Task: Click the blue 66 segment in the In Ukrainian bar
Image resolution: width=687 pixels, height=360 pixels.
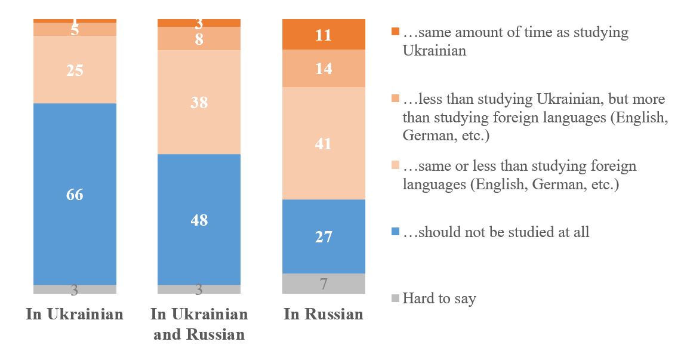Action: pyautogui.click(x=75, y=194)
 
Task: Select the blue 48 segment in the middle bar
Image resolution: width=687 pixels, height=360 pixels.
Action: pyautogui.click(x=199, y=219)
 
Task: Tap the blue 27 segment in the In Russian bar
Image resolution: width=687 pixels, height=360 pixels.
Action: pyautogui.click(x=323, y=236)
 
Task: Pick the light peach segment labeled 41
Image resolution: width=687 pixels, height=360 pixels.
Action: pyautogui.click(x=323, y=143)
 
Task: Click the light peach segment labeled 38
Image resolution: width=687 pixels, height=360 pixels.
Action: pyautogui.click(x=199, y=102)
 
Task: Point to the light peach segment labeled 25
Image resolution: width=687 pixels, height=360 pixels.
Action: pyautogui.click(x=75, y=70)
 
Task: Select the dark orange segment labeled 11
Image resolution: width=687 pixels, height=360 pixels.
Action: pyautogui.click(x=323, y=35)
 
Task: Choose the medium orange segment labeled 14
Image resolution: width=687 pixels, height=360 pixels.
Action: pyautogui.click(x=323, y=69)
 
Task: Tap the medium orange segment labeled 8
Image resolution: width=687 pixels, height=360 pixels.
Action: pyautogui.click(x=199, y=39)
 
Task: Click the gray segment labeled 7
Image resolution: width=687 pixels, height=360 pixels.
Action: pyautogui.click(x=323, y=284)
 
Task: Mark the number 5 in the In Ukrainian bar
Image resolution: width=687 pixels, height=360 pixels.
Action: pyautogui.click(x=75, y=30)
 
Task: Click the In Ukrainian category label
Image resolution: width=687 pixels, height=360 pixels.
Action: pyautogui.click(x=75, y=315)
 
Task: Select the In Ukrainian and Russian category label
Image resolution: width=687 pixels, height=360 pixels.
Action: pyautogui.click(x=199, y=324)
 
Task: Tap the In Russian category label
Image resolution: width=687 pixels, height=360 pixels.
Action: pyautogui.click(x=323, y=315)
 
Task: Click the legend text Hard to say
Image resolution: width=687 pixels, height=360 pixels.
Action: pyautogui.click(x=439, y=299)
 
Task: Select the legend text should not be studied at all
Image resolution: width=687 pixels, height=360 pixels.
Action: pyautogui.click(x=496, y=232)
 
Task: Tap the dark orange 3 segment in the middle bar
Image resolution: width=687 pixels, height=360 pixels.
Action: pyautogui.click(x=199, y=23)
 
